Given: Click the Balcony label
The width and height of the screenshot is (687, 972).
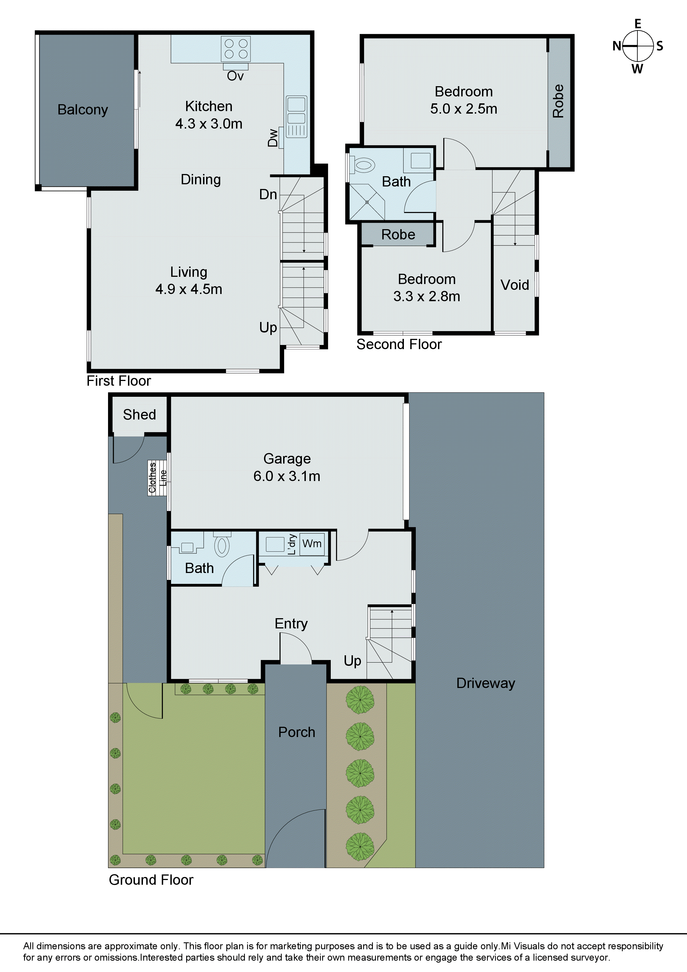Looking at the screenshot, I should coord(83,110).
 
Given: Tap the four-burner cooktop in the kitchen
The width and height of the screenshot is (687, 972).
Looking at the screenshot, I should coord(236,49).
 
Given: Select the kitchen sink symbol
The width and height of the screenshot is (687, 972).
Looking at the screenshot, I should coord(296,116).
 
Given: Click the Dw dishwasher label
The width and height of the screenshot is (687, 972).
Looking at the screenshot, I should coord(273,138).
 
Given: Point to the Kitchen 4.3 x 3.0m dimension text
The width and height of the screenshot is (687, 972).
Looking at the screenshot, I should coord(209,123).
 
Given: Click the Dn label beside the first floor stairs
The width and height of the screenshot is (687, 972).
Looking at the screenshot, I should coord(268,195).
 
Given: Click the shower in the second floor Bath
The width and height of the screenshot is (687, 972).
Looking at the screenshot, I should coord(366,202).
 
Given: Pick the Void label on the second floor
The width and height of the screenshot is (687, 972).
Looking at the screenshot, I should coord(514,285).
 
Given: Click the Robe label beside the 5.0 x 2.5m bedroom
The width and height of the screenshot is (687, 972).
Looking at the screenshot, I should coord(558,101).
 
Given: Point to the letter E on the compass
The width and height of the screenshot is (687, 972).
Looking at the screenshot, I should coord(637,24).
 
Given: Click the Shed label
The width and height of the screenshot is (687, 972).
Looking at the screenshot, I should coord(139,415).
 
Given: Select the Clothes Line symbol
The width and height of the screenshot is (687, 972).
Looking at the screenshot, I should coord(157,478).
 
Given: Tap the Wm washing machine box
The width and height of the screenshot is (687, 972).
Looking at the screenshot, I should coord(312,544).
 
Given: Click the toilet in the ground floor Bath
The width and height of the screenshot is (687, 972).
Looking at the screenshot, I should coord(222,545).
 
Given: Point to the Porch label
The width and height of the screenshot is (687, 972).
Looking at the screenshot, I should coord(296,732).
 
